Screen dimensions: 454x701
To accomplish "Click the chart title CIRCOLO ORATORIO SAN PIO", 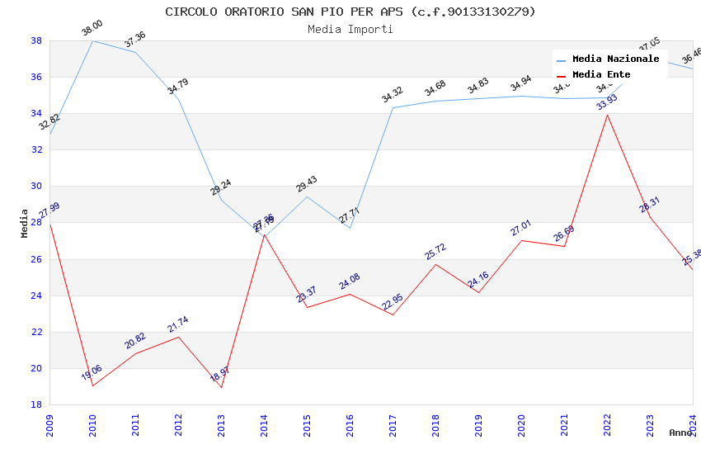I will click(350, 12).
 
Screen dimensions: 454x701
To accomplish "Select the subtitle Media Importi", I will click(350, 29).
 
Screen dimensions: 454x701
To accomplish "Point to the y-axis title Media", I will click(25, 223).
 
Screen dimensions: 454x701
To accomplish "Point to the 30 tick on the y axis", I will click(36, 187).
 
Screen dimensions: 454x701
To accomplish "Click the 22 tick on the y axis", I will click(36, 332).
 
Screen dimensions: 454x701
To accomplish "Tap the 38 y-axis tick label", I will click(36, 40).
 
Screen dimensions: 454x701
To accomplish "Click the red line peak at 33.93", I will click(607, 115).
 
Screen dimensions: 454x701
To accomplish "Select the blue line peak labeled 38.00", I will click(92, 40).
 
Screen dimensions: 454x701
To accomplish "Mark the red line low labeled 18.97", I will click(221, 387).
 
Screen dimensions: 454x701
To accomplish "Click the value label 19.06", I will click(92, 373).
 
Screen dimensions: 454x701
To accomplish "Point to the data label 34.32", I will click(392, 95).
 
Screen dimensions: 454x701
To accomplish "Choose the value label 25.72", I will click(435, 252).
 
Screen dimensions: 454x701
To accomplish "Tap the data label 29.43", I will click(307, 184).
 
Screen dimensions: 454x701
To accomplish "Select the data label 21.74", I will click(178, 324).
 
